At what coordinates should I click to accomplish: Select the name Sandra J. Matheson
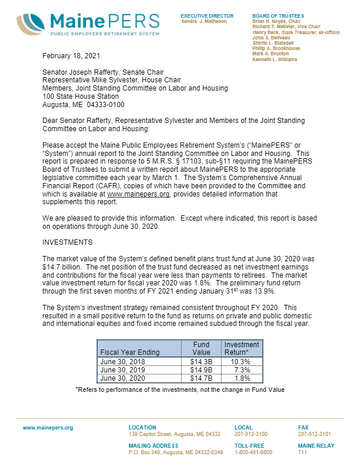(x=204, y=21)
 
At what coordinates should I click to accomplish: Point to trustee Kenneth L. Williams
(x=275, y=59)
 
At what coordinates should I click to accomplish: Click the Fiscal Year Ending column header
(x=130, y=352)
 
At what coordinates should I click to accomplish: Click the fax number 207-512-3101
(x=315, y=434)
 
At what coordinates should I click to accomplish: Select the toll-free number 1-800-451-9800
(x=254, y=452)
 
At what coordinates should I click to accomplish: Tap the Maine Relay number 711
(x=303, y=452)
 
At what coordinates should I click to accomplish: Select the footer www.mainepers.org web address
(x=48, y=428)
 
